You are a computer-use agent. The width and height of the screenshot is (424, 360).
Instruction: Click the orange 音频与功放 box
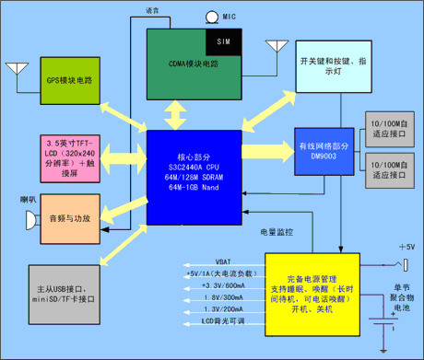click(x=69, y=218)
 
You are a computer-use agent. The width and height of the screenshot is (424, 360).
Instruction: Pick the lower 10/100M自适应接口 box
click(x=390, y=168)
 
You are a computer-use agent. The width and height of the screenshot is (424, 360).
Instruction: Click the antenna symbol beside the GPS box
click(x=16, y=68)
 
